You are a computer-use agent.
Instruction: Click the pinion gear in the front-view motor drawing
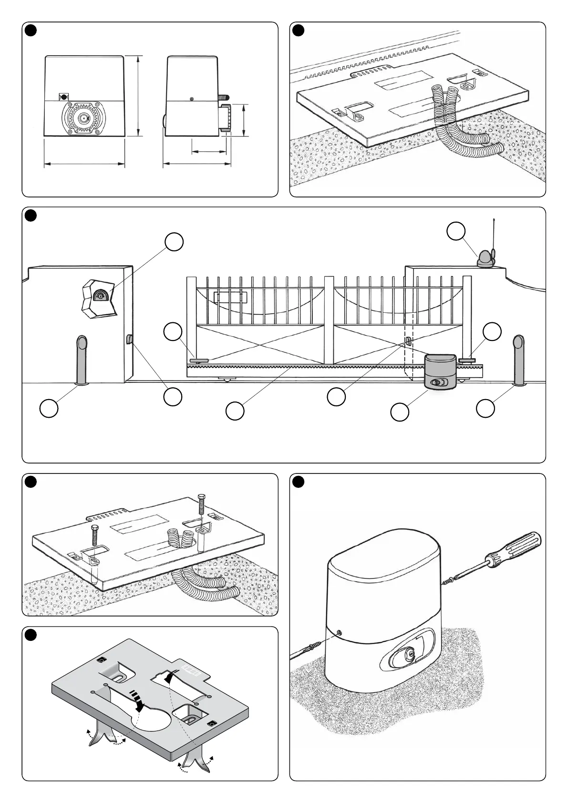[x=84, y=118]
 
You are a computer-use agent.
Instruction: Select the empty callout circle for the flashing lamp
[x=456, y=231]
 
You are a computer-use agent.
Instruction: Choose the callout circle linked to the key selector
[x=174, y=242]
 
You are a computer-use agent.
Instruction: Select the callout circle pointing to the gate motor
[x=399, y=412]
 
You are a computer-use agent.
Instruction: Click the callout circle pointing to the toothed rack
[x=235, y=411]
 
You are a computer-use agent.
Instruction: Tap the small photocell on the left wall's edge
[x=129, y=340]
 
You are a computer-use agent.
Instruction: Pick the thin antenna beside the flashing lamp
[x=494, y=238]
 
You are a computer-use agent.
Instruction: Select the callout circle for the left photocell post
[x=49, y=409]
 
